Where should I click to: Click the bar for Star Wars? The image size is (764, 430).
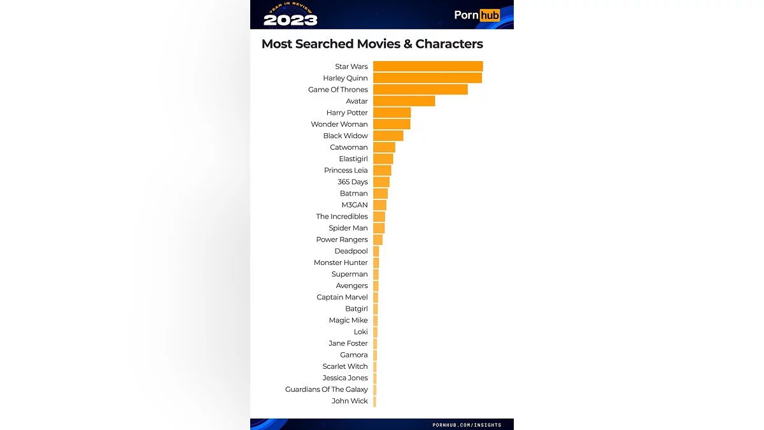tap(428, 66)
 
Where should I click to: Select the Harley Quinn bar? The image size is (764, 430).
tap(427, 78)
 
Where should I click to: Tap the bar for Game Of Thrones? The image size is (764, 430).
tap(420, 89)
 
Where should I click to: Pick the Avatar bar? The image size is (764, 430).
tap(404, 101)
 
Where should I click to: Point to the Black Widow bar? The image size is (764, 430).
tap(388, 136)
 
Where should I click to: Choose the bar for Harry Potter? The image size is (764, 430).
tap(392, 113)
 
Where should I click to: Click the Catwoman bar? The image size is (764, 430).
tap(384, 147)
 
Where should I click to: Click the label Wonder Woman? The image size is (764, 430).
tap(339, 124)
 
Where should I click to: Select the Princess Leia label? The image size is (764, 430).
tap(346, 170)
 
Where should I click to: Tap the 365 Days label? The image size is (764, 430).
tap(353, 182)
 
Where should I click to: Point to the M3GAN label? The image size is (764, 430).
tap(355, 204)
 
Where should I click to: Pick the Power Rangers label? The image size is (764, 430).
tap(342, 240)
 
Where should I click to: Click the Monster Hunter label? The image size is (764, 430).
tap(341, 262)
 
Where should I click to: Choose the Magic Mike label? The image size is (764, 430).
tap(348, 320)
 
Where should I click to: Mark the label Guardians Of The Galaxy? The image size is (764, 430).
tap(327, 389)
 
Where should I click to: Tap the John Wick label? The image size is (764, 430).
tap(350, 401)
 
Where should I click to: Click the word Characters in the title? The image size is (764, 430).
tap(449, 44)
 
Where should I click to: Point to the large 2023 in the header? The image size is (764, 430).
tap(290, 20)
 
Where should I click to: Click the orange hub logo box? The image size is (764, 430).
tap(490, 15)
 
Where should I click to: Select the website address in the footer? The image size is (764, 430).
tap(467, 425)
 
